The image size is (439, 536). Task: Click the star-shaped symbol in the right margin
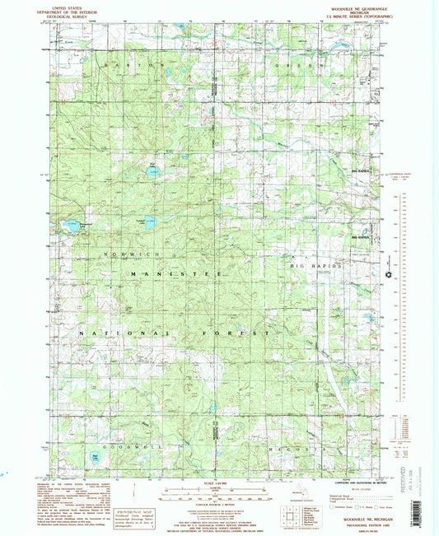[390, 274]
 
